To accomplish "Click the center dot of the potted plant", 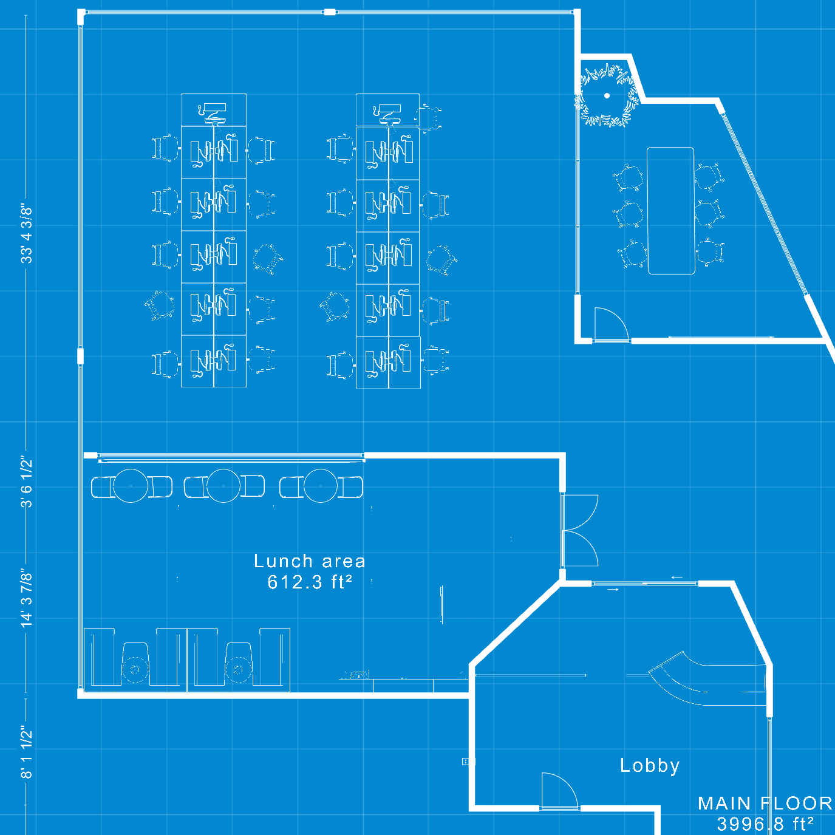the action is [x=607, y=96].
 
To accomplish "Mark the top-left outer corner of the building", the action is [x=78, y=9].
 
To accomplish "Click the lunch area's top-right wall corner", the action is [x=565, y=453].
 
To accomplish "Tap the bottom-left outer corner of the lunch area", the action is [x=78, y=698].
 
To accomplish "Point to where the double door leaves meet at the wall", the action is [x=563, y=530].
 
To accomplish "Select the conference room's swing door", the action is [x=611, y=325].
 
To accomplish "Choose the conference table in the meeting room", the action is [x=671, y=211].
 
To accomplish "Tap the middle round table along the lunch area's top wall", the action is [x=223, y=486].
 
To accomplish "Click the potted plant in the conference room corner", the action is [x=607, y=96].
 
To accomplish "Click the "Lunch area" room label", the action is [x=310, y=561].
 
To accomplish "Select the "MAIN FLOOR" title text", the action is [x=765, y=803].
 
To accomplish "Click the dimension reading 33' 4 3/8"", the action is [x=27, y=235].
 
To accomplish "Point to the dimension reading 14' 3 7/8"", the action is [x=27, y=598].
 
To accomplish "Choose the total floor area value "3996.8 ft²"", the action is [x=765, y=824].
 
